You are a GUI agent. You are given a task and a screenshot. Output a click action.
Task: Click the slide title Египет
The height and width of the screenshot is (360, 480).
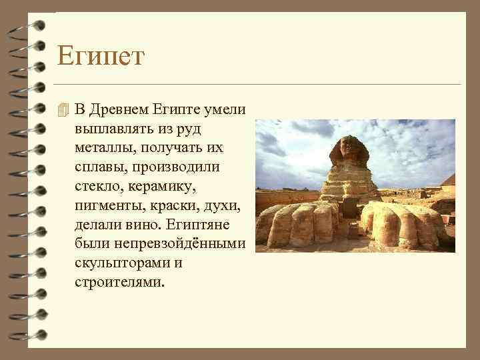point(100,56)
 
